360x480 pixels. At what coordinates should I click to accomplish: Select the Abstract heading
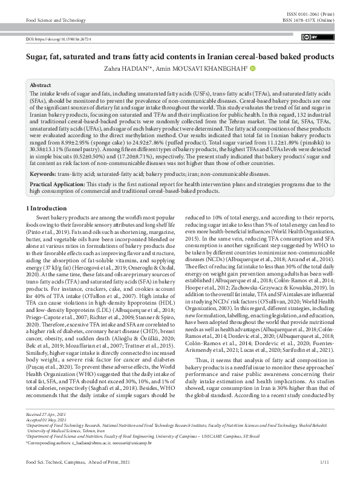pos(41,86)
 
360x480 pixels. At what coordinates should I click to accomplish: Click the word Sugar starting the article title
pos(37,57)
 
